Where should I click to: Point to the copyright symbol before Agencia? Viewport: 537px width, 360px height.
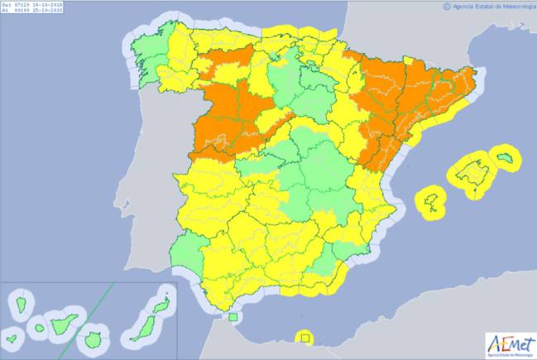click(x=448, y=6)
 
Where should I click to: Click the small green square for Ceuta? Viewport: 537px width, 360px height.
click(x=234, y=316)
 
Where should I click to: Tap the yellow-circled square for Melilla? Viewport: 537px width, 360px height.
click(x=305, y=338)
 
